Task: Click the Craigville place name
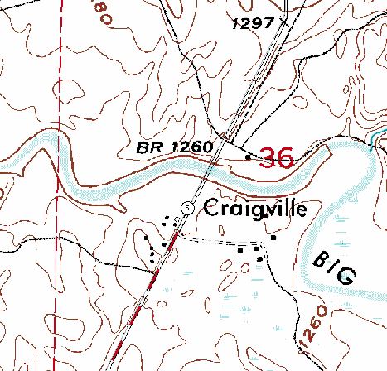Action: [x=255, y=208]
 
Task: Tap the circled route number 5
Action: [x=188, y=207]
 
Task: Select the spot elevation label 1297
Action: [x=253, y=24]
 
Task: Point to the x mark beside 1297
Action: [x=284, y=22]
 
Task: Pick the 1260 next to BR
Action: [x=190, y=147]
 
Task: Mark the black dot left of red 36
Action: [x=249, y=157]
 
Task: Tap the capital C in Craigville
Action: [x=210, y=208]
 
